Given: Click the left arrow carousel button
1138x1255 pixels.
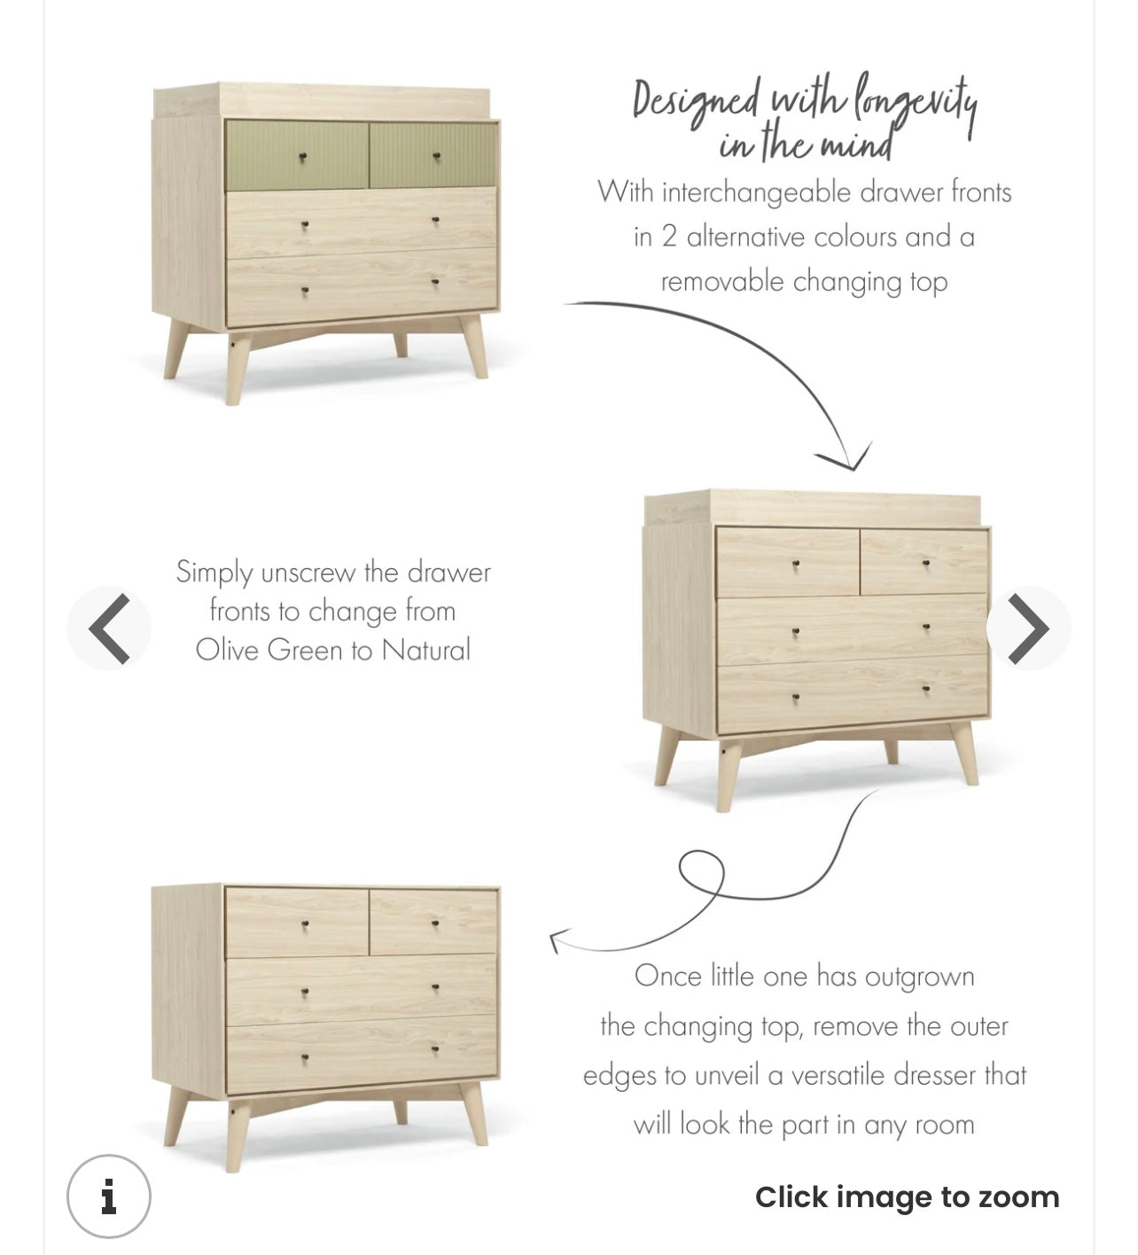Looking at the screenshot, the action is point(109,628).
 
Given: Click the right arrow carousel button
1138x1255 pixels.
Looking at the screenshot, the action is point(1028,628).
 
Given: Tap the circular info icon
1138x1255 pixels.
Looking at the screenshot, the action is point(109,1197).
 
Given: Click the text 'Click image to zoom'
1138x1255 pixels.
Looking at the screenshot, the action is point(908,1197).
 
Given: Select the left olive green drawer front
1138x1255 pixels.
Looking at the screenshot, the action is point(297,156).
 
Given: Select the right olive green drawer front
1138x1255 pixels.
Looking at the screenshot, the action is point(433,155).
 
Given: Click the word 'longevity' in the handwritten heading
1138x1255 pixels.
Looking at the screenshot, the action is point(916,106).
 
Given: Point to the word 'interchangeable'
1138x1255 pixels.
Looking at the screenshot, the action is point(758,192).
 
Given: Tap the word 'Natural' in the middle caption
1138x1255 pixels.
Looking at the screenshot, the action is point(426,650).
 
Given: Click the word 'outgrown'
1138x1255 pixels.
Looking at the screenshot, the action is point(920,978).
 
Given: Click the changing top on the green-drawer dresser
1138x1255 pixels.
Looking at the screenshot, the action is point(322,101).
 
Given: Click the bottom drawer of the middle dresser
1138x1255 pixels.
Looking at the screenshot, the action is point(852,696).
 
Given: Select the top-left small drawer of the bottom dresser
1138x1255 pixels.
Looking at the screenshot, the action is point(297,922).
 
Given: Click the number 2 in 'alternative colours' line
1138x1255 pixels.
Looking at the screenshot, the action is point(669,238).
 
